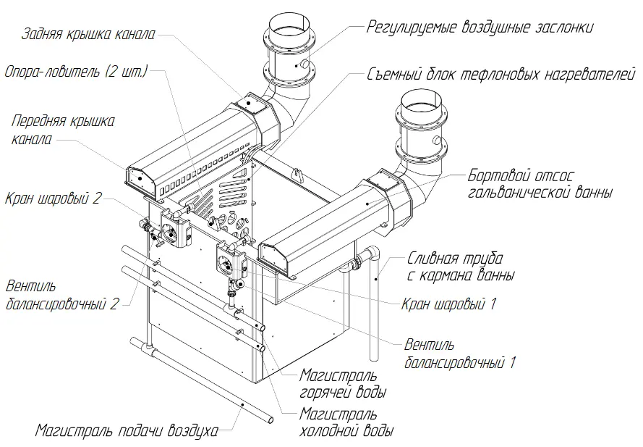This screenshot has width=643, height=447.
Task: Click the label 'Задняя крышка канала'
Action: (x=88, y=34)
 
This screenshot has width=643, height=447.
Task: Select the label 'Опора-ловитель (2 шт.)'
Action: (x=76, y=72)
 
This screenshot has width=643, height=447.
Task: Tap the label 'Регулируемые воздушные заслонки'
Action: (x=480, y=28)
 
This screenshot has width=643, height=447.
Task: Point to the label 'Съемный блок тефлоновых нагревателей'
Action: (x=501, y=75)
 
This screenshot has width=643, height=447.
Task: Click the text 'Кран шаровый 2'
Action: (x=53, y=199)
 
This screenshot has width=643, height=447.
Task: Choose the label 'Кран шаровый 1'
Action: (x=448, y=304)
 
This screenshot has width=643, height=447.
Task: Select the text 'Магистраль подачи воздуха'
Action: (x=127, y=431)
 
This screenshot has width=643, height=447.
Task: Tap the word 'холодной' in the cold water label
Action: (x=328, y=431)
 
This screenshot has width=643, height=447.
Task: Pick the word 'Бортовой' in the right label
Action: (x=494, y=176)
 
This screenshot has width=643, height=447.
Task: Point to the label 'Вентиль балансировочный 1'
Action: (x=459, y=354)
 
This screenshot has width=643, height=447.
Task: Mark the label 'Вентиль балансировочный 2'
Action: (x=62, y=295)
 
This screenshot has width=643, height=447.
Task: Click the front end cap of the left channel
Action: (x=140, y=180)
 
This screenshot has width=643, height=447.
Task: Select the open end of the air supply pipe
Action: (x=271, y=420)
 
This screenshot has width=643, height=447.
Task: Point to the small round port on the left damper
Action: (x=305, y=63)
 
